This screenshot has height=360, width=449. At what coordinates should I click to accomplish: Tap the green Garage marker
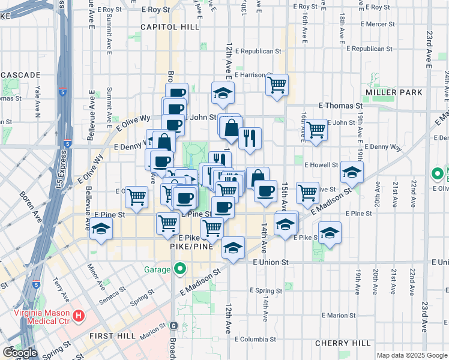pyautogui.click(x=179, y=269)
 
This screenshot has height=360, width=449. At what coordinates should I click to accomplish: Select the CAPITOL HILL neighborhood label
pyautogui.click(x=161, y=27)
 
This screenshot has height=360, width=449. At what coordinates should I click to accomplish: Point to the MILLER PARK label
pyautogui.click(x=394, y=92)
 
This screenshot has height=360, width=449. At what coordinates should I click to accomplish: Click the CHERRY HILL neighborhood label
pyautogui.click(x=343, y=343)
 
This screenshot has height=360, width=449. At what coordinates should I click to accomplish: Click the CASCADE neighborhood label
pyautogui.click(x=20, y=75)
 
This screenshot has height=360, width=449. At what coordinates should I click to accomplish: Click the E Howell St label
pyautogui.click(x=322, y=164)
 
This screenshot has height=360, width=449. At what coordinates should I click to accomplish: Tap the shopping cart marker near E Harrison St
pyautogui.click(x=277, y=85)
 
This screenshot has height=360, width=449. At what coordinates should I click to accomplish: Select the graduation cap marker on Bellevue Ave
pyautogui.click(x=101, y=230)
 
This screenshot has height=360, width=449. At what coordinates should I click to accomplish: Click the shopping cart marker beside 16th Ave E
pyautogui.click(x=316, y=128)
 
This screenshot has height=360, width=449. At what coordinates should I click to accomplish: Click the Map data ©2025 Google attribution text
pyautogui.click(x=412, y=355)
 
